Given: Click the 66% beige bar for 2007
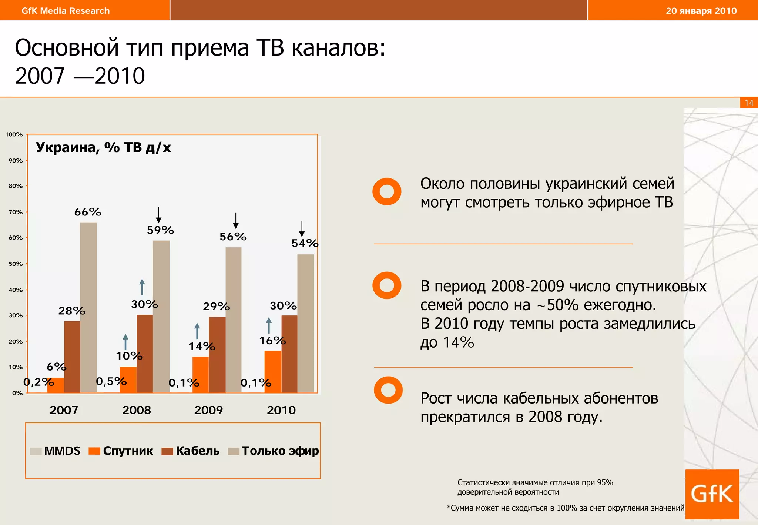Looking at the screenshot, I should click(x=88, y=307).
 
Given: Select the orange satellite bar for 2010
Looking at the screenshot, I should click(x=273, y=372).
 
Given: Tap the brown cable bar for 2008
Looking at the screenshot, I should click(x=145, y=354).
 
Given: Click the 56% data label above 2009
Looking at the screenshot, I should click(x=233, y=237).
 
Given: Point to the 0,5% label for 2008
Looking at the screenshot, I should click(x=111, y=381).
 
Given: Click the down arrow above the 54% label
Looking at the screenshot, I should click(x=302, y=228).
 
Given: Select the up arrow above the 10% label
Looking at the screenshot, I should click(x=125, y=342).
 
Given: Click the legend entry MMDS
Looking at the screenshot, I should click(x=56, y=451).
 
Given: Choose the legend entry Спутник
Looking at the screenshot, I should click(x=121, y=451).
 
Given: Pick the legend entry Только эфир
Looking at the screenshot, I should click(x=273, y=451).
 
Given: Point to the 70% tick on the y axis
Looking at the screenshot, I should click(x=16, y=212).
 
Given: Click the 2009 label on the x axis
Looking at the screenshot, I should click(x=208, y=410).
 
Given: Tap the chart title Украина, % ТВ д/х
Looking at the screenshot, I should click(x=103, y=147).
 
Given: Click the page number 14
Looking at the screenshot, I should click(x=749, y=103).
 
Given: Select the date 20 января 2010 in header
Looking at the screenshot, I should click(x=701, y=11).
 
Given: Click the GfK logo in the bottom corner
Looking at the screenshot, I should click(x=712, y=494).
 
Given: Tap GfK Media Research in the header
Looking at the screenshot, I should click(x=66, y=11).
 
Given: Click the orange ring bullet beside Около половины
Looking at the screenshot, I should click(x=387, y=191).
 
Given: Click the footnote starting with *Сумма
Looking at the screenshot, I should click(x=566, y=508).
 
